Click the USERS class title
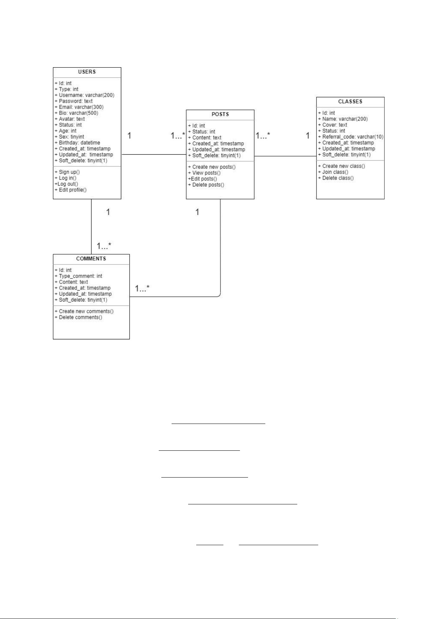coord(87,72)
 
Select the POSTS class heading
coord(220,114)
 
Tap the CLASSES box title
coord(350,102)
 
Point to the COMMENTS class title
coord(91,259)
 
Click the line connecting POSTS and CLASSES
coord(285,156)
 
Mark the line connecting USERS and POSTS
coord(154,154)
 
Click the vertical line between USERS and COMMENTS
coord(91,227)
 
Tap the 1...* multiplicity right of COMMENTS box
coord(142,288)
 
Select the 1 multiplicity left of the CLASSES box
coord(308,136)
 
